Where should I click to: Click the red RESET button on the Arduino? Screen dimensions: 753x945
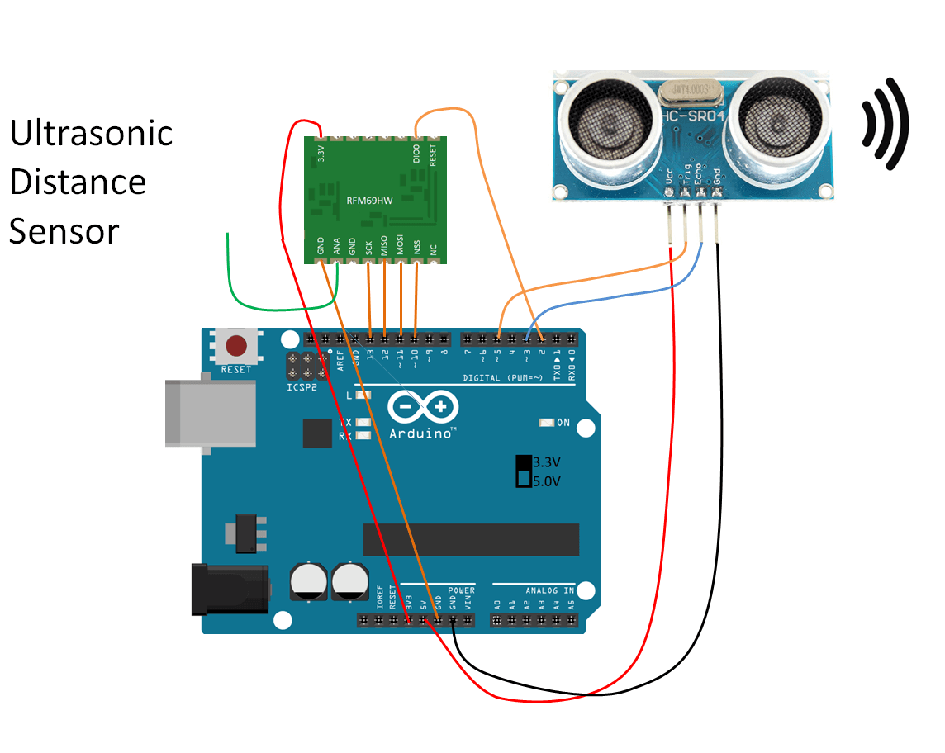pyautogui.click(x=236, y=345)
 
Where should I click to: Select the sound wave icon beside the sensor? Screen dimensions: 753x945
pyautogui.click(x=886, y=124)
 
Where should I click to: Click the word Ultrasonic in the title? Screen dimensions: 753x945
pyautogui.click(x=91, y=133)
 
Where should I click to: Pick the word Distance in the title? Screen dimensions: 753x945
pyautogui.click(x=78, y=182)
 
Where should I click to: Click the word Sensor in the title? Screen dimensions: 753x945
pyautogui.click(x=64, y=231)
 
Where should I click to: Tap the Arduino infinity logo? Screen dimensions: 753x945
pyautogui.click(x=420, y=407)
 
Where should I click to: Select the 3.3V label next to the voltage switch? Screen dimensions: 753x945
pyautogui.click(x=548, y=462)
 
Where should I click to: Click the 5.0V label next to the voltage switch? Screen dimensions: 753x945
pyautogui.click(x=548, y=480)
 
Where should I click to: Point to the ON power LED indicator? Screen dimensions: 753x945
pyautogui.click(x=545, y=423)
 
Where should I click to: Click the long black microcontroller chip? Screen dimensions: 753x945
pyautogui.click(x=470, y=538)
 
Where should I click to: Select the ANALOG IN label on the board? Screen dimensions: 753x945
pyautogui.click(x=549, y=590)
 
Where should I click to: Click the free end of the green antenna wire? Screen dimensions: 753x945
pyautogui.click(x=228, y=235)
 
